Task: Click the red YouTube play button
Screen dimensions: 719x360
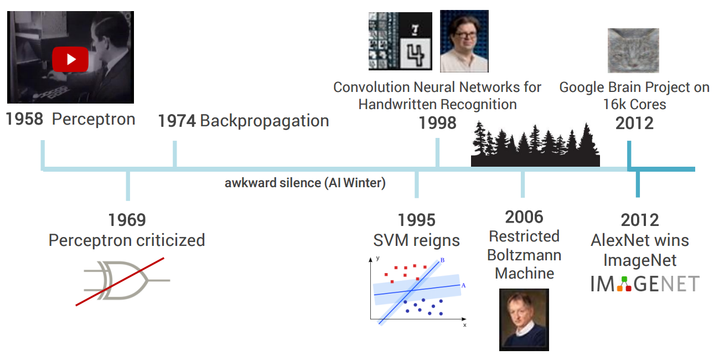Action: click(x=70, y=59)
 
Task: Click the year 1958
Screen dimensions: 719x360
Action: click(x=24, y=119)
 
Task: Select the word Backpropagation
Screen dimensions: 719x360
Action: click(x=265, y=121)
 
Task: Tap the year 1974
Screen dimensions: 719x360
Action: click(x=177, y=121)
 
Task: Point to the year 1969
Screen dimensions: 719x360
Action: click(x=127, y=220)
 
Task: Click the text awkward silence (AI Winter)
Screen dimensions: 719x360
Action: click(x=305, y=183)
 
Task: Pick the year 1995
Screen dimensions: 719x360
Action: click(x=417, y=220)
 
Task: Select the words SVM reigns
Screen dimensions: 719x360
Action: click(x=417, y=240)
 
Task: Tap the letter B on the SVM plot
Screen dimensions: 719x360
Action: click(x=442, y=260)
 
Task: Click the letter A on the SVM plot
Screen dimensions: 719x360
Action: click(x=463, y=285)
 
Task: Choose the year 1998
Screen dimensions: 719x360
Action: click(x=437, y=123)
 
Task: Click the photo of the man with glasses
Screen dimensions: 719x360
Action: click(x=464, y=41)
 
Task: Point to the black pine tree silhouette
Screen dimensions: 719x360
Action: click(x=535, y=144)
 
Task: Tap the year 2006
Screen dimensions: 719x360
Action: click(x=524, y=218)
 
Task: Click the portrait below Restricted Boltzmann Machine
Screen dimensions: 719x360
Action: click(x=524, y=320)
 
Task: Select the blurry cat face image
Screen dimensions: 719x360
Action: click(x=633, y=51)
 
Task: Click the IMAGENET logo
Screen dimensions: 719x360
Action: click(x=645, y=284)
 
